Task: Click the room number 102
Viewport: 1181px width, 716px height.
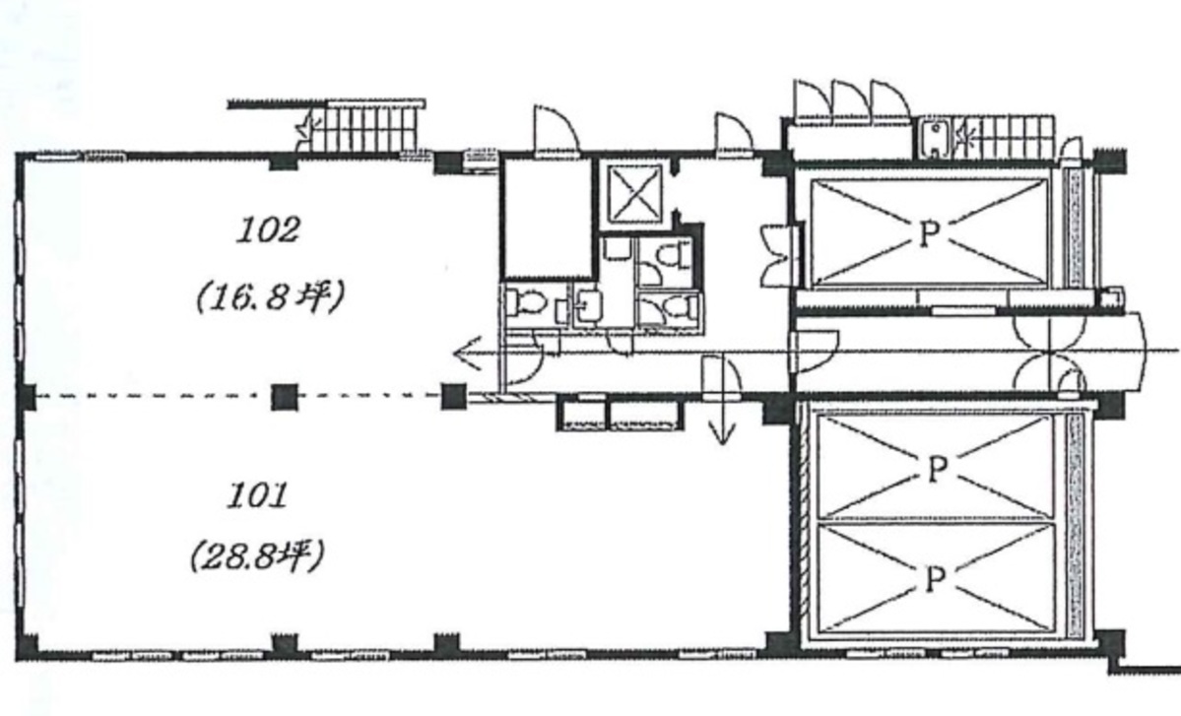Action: [x=268, y=229]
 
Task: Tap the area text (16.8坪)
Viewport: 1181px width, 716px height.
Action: [x=270, y=296]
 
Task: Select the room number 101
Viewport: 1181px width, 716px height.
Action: [x=258, y=495]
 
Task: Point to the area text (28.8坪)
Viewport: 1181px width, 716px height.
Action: [x=257, y=557]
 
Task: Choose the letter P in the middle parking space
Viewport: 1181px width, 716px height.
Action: [x=936, y=470]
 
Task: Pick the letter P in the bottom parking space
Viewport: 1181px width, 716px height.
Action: [x=935, y=580]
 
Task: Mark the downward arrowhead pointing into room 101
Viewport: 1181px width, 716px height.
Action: [x=722, y=432]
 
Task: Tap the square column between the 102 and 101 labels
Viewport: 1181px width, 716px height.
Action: [x=284, y=396]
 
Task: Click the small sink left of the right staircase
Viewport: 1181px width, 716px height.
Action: [x=934, y=139]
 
